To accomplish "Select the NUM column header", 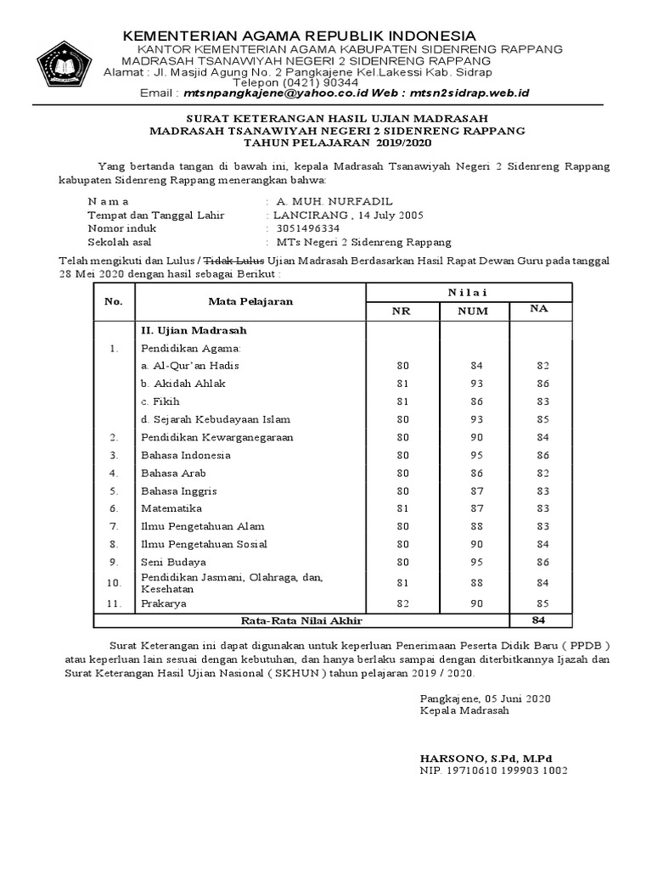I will tap(473, 311).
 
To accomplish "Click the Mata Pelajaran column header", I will tap(250, 301).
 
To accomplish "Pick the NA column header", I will tap(538, 310).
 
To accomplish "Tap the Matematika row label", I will tap(171, 508).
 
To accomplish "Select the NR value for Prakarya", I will tap(402, 603).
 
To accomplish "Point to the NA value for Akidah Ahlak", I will tap(542, 384).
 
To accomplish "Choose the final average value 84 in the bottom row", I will tap(538, 620).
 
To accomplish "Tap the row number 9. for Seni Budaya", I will tap(113, 562).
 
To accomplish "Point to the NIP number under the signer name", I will tap(493, 771).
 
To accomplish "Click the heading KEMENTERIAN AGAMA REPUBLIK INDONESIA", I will tap(300, 36).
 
